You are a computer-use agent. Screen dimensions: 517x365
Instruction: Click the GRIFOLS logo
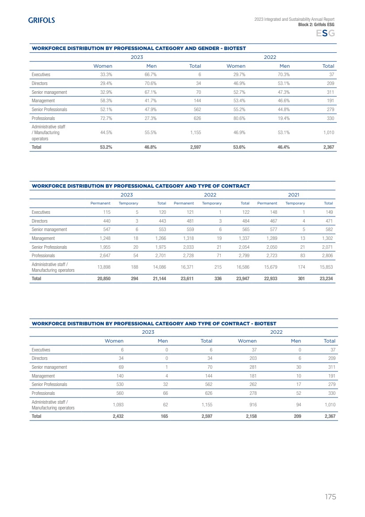(x=41, y=20)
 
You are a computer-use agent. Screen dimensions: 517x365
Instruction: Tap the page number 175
(x=330, y=497)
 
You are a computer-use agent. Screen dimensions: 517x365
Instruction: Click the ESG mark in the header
(x=325, y=34)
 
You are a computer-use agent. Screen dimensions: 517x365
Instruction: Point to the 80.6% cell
(x=238, y=118)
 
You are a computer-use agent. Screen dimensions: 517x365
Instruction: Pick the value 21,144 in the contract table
(x=159, y=279)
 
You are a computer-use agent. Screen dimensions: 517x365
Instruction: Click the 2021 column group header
(x=293, y=194)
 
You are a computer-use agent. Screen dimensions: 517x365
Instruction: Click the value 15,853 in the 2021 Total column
(x=326, y=267)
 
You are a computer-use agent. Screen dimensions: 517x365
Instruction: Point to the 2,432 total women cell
(x=116, y=417)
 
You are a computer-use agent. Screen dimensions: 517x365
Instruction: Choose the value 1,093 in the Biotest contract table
(x=117, y=405)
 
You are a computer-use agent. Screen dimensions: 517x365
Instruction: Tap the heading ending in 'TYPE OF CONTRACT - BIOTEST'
(x=154, y=324)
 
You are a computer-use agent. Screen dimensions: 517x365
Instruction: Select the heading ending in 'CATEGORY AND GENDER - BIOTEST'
(x=138, y=48)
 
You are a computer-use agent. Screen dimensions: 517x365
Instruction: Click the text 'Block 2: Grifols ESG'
(x=316, y=25)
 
